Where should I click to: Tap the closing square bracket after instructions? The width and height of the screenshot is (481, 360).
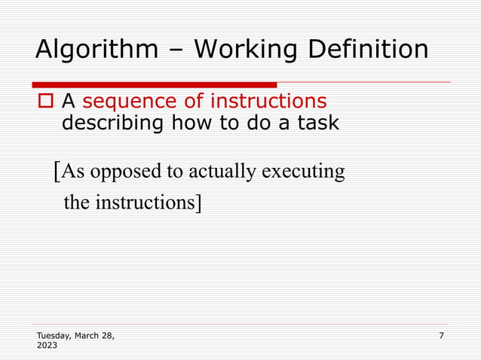(198, 203)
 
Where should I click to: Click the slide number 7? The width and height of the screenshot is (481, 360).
(441, 335)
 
